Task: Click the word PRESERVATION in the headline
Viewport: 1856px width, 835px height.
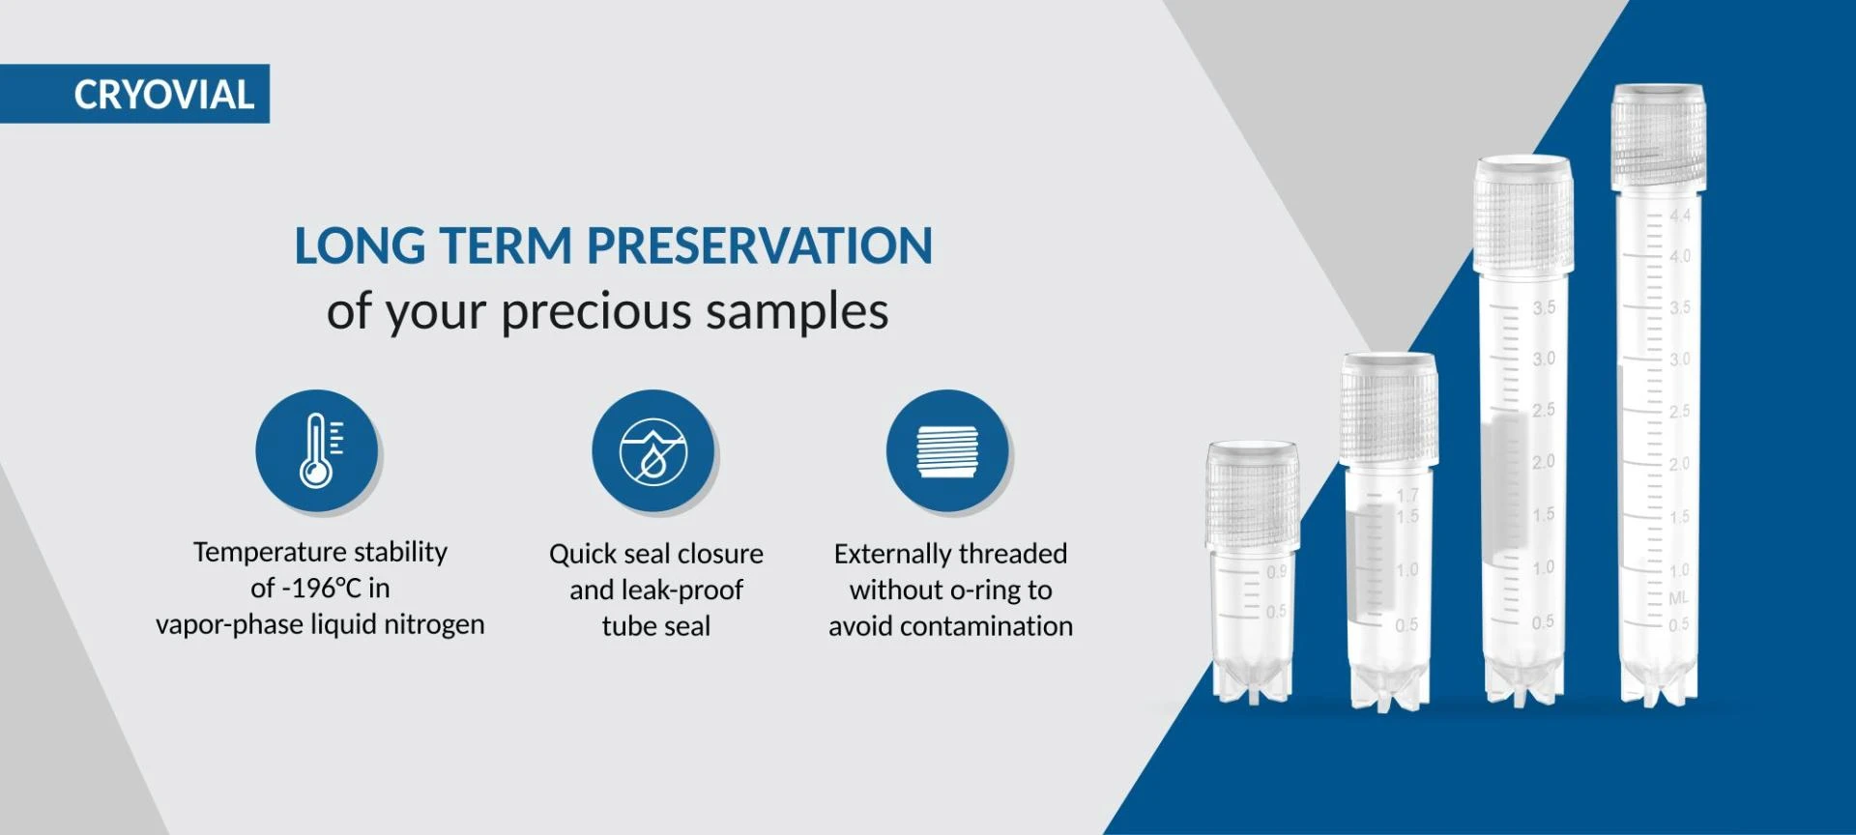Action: pos(760,245)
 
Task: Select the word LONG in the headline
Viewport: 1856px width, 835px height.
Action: pos(360,245)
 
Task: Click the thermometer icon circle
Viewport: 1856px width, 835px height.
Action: pos(317,450)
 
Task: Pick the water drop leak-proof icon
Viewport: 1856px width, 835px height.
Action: pos(653,450)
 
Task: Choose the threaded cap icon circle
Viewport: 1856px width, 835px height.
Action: pos(947,450)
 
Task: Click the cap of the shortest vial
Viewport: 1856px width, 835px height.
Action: pos(1252,495)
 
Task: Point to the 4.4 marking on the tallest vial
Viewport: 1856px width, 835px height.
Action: pos(1680,216)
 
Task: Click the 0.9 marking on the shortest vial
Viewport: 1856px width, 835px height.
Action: pos(1276,571)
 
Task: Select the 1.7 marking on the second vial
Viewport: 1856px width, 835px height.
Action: pos(1407,496)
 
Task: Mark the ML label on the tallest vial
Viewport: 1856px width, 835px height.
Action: pos(1679,598)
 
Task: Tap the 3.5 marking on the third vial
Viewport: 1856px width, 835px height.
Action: pos(1544,307)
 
